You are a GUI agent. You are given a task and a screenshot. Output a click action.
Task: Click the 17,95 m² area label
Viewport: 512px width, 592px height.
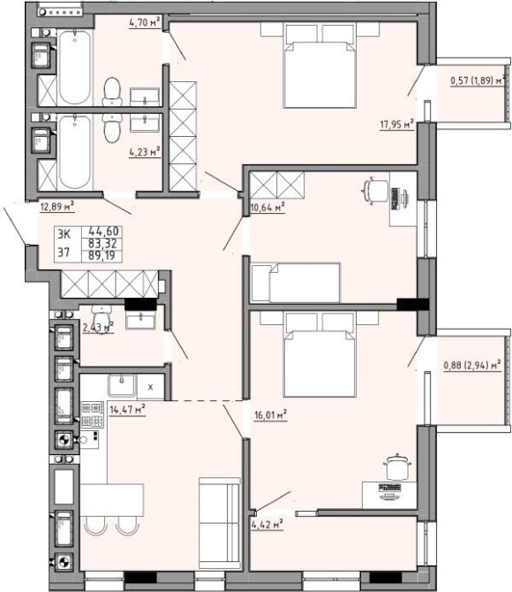pyautogui.click(x=397, y=125)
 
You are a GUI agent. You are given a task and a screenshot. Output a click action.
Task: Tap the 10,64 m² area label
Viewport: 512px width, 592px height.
pyautogui.click(x=267, y=208)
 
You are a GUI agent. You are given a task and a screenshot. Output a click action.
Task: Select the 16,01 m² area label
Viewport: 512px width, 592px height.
pyautogui.click(x=271, y=415)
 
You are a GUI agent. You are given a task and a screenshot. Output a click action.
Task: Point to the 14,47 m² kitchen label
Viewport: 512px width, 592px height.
pyautogui.click(x=127, y=409)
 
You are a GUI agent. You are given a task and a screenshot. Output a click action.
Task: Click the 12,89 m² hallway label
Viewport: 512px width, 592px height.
pyautogui.click(x=57, y=207)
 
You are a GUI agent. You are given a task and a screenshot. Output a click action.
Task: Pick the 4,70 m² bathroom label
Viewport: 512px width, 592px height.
pyautogui.click(x=145, y=23)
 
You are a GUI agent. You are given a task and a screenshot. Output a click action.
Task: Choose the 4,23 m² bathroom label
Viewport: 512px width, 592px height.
pyautogui.click(x=145, y=152)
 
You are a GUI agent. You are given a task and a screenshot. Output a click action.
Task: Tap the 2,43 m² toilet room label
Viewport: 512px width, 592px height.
pyautogui.click(x=98, y=327)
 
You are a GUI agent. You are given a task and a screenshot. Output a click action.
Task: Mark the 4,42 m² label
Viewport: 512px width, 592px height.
pyautogui.click(x=267, y=525)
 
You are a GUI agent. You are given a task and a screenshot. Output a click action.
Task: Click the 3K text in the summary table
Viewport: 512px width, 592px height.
pyautogui.click(x=64, y=234)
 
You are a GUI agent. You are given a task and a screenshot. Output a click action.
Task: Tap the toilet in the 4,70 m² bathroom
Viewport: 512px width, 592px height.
pyautogui.click(x=112, y=91)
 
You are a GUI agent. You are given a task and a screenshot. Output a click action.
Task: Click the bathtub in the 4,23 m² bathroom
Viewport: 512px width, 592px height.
pyautogui.click(x=75, y=152)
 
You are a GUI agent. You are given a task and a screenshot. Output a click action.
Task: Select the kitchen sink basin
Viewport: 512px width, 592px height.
pyautogui.click(x=122, y=384)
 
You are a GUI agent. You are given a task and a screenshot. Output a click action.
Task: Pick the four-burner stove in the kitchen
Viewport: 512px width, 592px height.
pyautogui.click(x=93, y=414)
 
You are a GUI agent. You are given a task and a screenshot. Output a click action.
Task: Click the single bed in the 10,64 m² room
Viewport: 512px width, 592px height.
pyautogui.click(x=296, y=283)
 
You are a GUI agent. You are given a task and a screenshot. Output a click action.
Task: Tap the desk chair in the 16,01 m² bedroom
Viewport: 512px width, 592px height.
pyautogui.click(x=397, y=467)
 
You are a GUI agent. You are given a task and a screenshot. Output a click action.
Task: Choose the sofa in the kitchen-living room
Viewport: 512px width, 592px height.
pyautogui.click(x=220, y=523)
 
